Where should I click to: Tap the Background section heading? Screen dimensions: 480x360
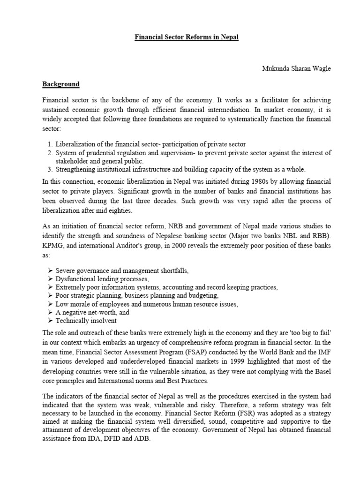(61, 84)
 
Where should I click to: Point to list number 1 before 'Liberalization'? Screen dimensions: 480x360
(50, 144)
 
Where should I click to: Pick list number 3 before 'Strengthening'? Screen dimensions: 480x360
(50, 169)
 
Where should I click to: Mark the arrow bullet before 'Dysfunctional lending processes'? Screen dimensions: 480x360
(50, 278)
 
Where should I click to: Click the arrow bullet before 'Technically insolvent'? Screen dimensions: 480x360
(50, 321)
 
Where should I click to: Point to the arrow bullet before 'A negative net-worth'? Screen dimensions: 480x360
(50, 312)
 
